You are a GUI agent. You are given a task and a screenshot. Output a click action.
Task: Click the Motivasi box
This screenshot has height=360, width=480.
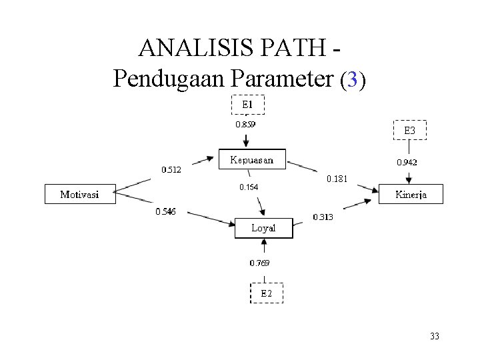pos(80,194)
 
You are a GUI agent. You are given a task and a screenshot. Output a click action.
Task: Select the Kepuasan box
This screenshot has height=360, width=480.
pos(252,160)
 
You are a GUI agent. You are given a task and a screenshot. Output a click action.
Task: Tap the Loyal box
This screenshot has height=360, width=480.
pos(263,228)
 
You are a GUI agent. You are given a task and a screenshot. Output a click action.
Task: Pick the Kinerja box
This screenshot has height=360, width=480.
pos(411,194)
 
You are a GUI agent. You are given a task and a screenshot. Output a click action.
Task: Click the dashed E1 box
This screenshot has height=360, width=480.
pos(247,105)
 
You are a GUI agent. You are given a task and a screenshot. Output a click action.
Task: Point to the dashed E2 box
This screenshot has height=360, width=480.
pos(266,293)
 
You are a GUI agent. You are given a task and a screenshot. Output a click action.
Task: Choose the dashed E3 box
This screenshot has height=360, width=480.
pos(409,131)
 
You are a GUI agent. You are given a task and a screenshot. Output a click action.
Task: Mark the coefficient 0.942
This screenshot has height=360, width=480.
pos(407,162)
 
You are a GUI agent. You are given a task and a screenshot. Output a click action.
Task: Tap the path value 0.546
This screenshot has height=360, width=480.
pos(165,211)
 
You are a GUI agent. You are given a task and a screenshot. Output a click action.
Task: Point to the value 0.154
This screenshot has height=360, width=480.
pos(249,187)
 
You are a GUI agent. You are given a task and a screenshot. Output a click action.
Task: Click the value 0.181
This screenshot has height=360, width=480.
pos(337,179)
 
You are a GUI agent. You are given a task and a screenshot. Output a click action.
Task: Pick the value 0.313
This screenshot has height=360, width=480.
pos(323,217)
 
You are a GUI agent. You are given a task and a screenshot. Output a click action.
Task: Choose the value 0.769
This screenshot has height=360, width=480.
pos(260,263)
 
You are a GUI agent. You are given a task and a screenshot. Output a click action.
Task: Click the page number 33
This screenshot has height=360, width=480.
pos(435,337)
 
